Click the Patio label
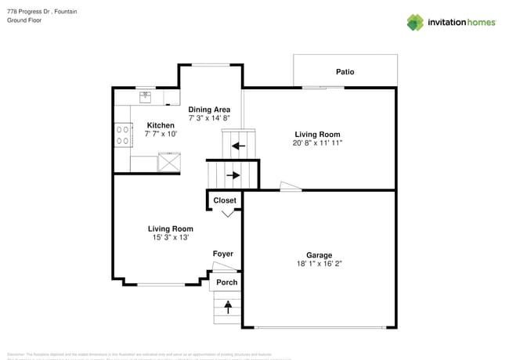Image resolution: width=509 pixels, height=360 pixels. click(x=345, y=72)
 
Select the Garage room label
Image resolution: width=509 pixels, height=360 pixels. click(x=319, y=255)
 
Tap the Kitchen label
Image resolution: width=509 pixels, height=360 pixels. click(x=161, y=125)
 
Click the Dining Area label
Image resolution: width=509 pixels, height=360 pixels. click(x=209, y=110)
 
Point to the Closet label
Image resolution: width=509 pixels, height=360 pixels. click(x=225, y=200)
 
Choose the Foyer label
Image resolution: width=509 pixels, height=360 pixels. click(x=223, y=254)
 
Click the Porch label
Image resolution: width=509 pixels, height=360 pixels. click(x=226, y=283)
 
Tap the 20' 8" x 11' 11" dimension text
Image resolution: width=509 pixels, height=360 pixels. click(x=318, y=143)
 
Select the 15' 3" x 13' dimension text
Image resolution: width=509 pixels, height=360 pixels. click(x=171, y=237)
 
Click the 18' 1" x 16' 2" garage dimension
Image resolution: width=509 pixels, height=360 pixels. click(x=319, y=265)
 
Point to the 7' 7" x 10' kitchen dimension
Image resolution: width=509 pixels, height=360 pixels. click(x=161, y=135)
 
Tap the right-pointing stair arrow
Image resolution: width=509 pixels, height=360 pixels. click(x=233, y=175)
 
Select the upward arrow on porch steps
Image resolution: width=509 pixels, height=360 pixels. click(x=229, y=307)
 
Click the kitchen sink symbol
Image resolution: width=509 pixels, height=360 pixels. click(x=145, y=97)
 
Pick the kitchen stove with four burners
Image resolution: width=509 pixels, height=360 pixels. click(x=122, y=135)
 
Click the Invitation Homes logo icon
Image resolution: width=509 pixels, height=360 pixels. click(x=414, y=22)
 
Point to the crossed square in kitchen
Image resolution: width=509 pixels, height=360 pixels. click(x=169, y=162)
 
